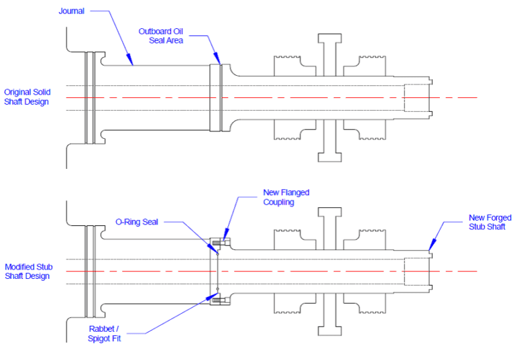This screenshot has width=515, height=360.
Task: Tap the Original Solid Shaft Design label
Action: pyautogui.click(x=27, y=97)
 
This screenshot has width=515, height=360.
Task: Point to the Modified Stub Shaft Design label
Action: pyautogui.click(x=27, y=272)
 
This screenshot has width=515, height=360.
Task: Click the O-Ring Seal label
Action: pyautogui.click(x=137, y=222)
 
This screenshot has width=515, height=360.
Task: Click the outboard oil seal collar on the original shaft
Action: pyautogui.click(x=215, y=97)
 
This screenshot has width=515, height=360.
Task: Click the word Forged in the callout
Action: pyautogui.click(x=499, y=218)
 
